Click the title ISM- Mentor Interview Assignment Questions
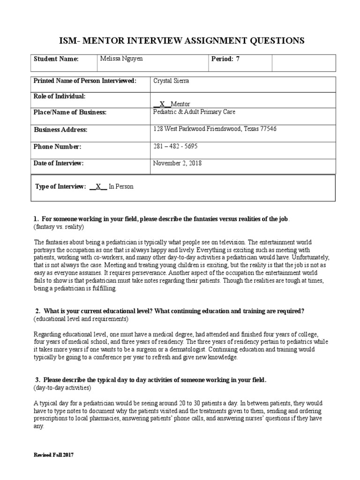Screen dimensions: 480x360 [x=180, y=41]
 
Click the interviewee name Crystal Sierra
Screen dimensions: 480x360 [x=172, y=81]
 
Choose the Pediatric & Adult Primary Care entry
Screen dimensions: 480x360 [x=195, y=112]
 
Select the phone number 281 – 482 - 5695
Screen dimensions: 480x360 [x=175, y=146]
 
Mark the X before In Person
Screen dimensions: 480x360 [x=98, y=187]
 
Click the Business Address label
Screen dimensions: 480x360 [x=60, y=130]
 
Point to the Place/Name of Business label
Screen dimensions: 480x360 [x=70, y=112]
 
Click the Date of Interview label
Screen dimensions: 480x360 [x=59, y=163]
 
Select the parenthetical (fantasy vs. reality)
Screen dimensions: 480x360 [x=59, y=227]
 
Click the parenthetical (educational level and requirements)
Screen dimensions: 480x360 [x=81, y=319]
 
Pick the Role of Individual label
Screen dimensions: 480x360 [x=60, y=96]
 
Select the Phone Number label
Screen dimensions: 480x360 [x=57, y=147]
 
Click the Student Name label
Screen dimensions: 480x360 [x=56, y=59]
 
